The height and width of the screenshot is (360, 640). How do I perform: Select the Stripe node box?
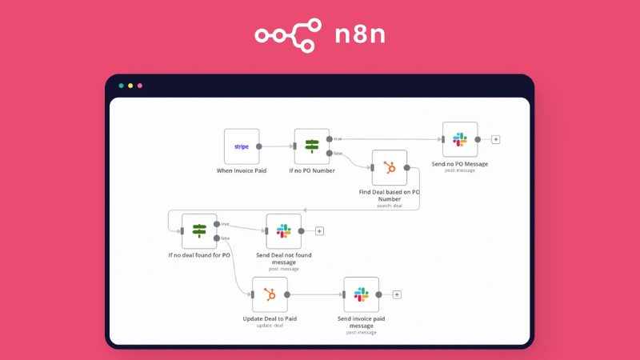pyautogui.click(x=242, y=146)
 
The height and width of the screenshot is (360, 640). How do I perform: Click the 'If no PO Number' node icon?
pyautogui.click(x=312, y=146)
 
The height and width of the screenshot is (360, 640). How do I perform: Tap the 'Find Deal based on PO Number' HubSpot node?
pyautogui.click(x=390, y=167)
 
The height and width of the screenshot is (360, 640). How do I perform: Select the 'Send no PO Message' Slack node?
pyautogui.click(x=460, y=139)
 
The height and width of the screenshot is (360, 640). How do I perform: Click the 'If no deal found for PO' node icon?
pyautogui.click(x=199, y=231)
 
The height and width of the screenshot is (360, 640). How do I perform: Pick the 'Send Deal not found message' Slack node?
pyautogui.click(x=284, y=231)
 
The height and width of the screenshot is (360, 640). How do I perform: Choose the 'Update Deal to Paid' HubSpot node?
pyautogui.click(x=270, y=294)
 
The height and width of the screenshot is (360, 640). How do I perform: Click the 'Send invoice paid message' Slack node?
pyautogui.click(x=361, y=294)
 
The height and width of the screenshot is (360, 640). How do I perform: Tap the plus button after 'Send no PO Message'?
pyautogui.click(x=496, y=139)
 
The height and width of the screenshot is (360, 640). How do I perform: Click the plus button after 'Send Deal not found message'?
pyautogui.click(x=319, y=231)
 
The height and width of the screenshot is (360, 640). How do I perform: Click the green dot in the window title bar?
pyautogui.click(x=121, y=86)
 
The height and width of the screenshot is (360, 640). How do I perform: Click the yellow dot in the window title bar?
pyautogui.click(x=130, y=86)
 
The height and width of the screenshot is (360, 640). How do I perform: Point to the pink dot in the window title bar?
pyautogui.click(x=140, y=86)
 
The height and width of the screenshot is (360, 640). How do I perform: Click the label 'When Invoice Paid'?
pyautogui.click(x=242, y=170)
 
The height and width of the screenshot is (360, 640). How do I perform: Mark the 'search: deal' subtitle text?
pyautogui.click(x=390, y=206)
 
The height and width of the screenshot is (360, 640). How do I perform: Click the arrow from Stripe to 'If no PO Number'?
pyautogui.click(x=277, y=146)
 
